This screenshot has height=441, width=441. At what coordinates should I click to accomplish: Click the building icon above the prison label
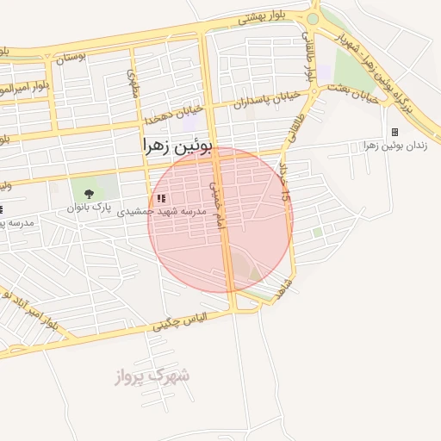[x=394, y=132]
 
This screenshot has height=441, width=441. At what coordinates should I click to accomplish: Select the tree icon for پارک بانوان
[x=90, y=195]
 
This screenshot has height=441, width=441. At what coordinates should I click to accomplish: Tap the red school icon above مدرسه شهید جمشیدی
[x=161, y=198]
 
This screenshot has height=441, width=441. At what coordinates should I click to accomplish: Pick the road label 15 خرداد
[x=284, y=181]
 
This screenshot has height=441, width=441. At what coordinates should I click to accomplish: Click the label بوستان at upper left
[x=71, y=58]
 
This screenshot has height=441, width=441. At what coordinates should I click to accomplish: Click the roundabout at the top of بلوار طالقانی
[x=313, y=18]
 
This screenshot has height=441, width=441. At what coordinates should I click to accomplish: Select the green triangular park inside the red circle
[x=254, y=272]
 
